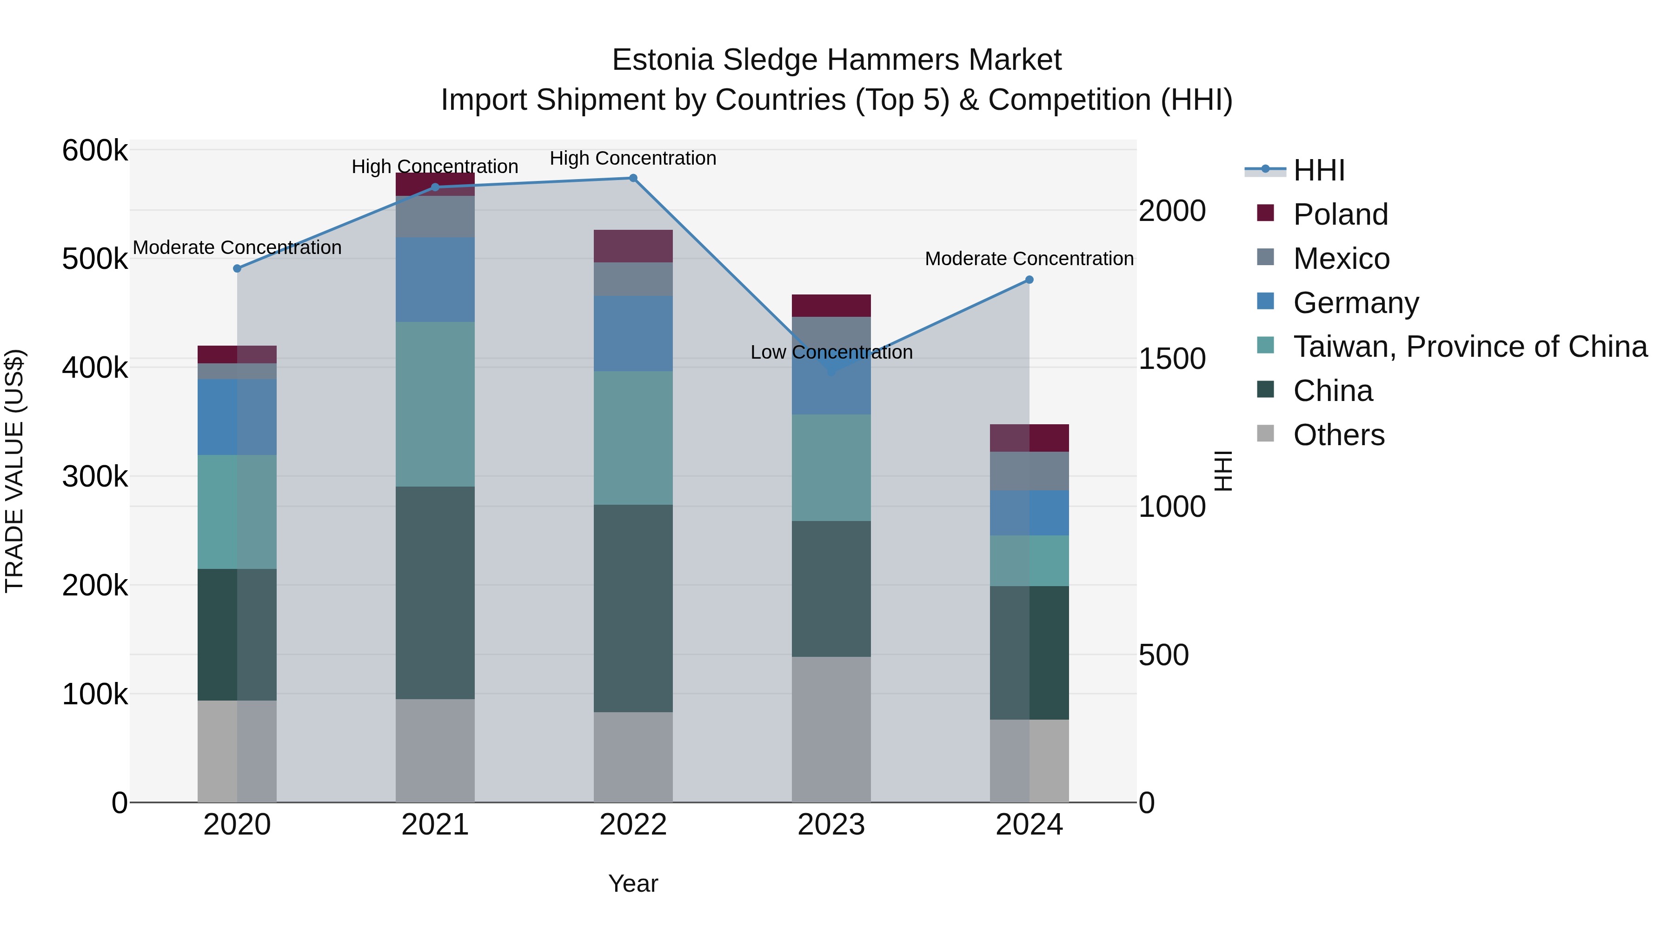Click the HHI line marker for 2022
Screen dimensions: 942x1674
point(633,178)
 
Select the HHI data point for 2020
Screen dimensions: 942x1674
point(237,268)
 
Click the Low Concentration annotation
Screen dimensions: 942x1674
point(831,352)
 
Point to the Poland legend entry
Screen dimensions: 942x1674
point(1340,214)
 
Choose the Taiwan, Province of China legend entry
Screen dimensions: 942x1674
point(1470,347)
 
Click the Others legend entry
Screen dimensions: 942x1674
point(1339,435)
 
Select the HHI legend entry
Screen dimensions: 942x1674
point(1319,170)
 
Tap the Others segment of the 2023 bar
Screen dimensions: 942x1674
point(831,729)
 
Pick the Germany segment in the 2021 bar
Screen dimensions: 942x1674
point(435,280)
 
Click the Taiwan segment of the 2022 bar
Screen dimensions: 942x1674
point(633,438)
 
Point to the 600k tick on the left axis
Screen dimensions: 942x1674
point(95,151)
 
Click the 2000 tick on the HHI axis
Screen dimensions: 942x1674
point(1172,211)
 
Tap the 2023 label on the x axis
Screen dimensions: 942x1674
point(831,825)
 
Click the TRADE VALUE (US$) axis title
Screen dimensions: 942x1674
point(14,471)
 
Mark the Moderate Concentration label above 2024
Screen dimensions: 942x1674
point(1029,259)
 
